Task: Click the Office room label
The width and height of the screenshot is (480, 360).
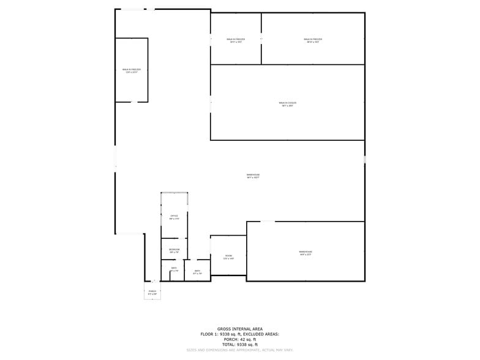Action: pos(174,217)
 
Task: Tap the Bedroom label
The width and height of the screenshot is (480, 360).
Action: pos(174,250)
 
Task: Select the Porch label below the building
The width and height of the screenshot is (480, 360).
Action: pos(152,292)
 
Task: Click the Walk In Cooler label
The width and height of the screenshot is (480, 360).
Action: pos(287,104)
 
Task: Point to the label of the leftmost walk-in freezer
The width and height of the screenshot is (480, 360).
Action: pos(131,71)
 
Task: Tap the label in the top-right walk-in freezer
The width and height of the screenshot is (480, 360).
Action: pos(312,40)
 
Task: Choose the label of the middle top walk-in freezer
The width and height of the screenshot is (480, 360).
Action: pos(236,40)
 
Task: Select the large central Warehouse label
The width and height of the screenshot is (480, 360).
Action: pos(253,176)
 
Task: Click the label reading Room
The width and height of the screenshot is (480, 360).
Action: pos(228,257)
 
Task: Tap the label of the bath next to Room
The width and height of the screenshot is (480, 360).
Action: pos(197,272)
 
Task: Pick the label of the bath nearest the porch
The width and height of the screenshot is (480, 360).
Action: pos(174,269)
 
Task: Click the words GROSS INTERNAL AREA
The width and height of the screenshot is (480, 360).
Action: pos(239,329)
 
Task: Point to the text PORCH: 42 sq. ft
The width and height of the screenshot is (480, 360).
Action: pos(239,339)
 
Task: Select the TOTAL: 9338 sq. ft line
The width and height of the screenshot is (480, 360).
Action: pos(239,345)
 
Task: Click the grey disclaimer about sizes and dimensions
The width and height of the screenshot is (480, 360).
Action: pos(239,350)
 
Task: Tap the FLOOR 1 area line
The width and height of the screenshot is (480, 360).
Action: pos(239,334)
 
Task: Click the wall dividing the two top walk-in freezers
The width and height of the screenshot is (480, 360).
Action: pos(261,38)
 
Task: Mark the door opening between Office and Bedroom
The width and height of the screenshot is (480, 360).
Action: pos(174,238)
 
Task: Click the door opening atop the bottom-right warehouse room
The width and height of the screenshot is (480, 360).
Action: pos(268,222)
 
